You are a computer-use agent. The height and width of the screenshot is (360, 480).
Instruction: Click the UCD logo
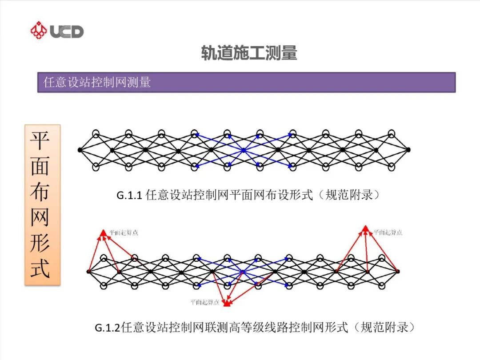coord(56,31)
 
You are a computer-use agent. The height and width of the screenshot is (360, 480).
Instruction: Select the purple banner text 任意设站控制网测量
coord(97,82)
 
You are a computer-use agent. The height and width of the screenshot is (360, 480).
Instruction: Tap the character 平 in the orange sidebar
coord(40,140)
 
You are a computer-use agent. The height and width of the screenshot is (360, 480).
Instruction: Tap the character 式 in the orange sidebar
coord(40,268)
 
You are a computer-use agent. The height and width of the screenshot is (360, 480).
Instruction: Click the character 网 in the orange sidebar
coord(40,217)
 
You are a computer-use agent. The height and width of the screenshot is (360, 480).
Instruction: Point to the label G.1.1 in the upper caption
coord(129,195)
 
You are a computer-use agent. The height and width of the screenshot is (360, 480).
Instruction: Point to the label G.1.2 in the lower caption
coord(108,328)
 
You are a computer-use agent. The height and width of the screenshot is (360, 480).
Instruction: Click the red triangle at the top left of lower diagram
coord(103,232)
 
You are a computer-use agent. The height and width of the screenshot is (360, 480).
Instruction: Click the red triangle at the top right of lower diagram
coord(365,229)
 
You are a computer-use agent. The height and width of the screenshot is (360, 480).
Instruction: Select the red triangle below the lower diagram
coord(227,304)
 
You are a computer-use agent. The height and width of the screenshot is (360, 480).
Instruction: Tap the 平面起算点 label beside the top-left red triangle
coord(124,232)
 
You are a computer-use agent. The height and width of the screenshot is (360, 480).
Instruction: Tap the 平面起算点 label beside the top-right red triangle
coord(388,232)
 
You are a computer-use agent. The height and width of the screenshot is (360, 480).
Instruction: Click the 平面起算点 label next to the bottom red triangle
coord(205,302)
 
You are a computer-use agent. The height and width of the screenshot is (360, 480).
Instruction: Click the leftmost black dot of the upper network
coord(80,150)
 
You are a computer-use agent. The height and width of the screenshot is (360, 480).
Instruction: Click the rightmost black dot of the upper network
coord(408,150)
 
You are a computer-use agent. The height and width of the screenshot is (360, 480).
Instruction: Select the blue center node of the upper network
coord(244,151)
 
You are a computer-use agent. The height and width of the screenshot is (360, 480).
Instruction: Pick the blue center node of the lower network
coord(242,272)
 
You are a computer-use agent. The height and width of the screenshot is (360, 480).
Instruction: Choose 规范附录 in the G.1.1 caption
coord(349,195)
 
